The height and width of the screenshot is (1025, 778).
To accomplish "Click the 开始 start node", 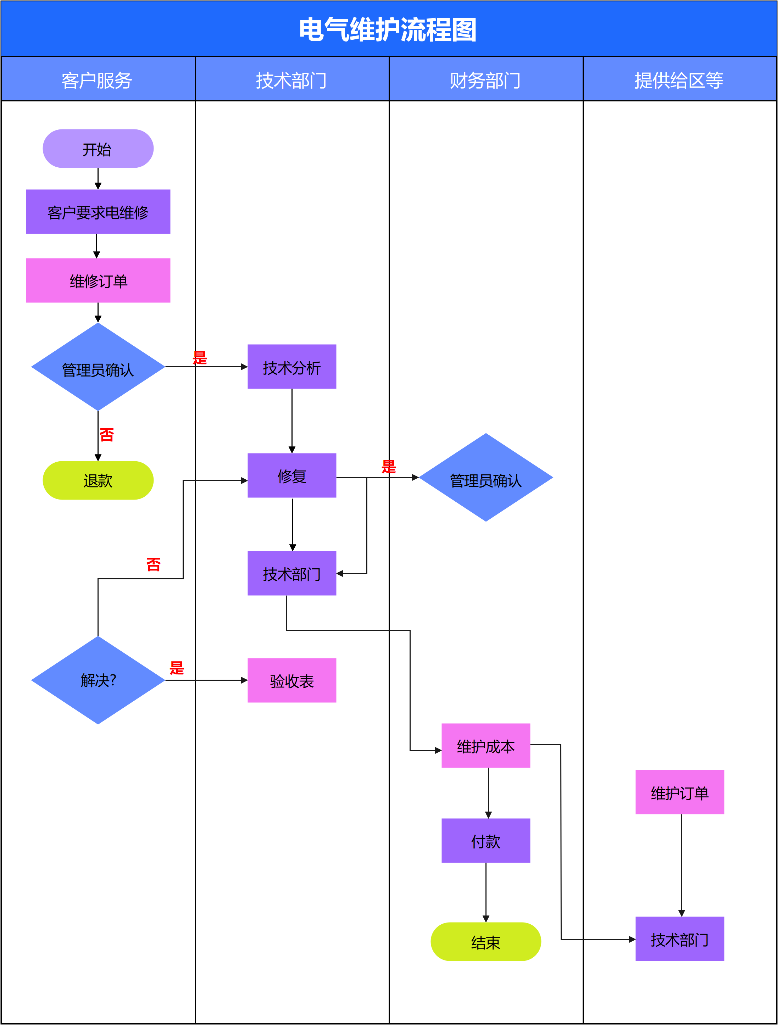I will click(98, 149).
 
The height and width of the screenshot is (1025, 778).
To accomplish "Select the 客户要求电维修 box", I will click(98, 212).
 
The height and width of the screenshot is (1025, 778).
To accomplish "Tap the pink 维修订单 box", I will click(98, 280).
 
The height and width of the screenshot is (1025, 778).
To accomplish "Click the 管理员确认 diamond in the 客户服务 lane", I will click(98, 367).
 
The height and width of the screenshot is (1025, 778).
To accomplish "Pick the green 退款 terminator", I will click(98, 480).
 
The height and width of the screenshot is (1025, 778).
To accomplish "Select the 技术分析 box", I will click(291, 367).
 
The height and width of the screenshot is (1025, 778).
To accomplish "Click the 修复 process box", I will click(291, 475).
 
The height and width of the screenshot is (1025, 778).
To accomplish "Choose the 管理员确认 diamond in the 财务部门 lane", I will click(485, 478).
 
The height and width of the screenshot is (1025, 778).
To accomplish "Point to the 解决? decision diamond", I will click(98, 680).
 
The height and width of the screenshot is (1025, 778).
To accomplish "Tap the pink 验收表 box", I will click(291, 680).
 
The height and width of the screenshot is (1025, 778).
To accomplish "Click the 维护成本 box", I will click(485, 746).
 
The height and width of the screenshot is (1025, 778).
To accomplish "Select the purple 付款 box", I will click(485, 841).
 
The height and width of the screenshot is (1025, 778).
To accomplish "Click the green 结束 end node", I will click(485, 942).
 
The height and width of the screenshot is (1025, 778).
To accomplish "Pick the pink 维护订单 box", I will click(679, 792).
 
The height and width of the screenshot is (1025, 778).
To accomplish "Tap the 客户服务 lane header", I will click(97, 80).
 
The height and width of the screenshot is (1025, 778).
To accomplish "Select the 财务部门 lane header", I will click(485, 80).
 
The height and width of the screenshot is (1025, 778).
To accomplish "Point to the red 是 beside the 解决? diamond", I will click(177, 668).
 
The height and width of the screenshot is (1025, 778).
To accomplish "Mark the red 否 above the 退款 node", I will click(107, 435).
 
